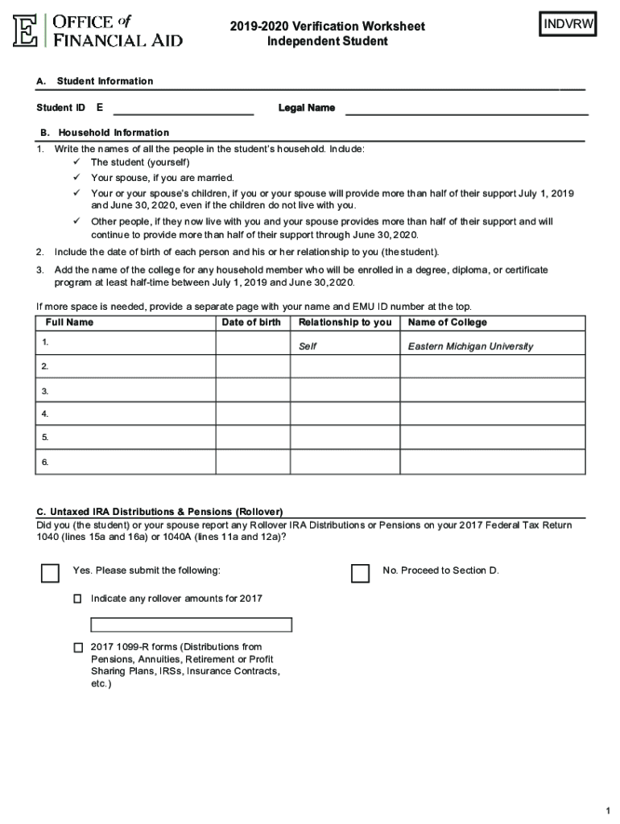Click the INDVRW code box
tap(568, 25)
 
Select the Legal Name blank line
tap(466, 109)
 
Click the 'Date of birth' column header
tap(251, 323)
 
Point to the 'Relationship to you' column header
tap(345, 323)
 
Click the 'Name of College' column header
tap(448, 323)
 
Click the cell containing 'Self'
tap(308, 347)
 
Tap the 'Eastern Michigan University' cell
tap(470, 347)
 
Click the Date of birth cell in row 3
tap(252, 390)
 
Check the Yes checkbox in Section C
tap(50, 572)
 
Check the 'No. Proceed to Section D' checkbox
tap(360, 572)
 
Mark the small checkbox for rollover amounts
tap(78, 599)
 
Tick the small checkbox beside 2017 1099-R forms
tap(78, 647)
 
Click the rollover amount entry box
tap(191, 625)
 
